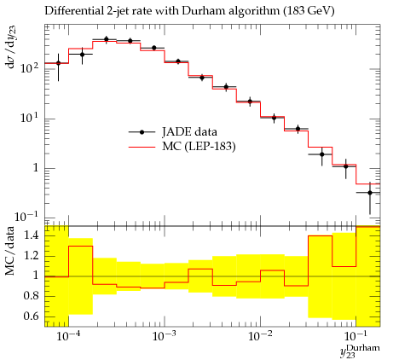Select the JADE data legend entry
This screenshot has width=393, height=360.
pyautogui.click(x=173, y=132)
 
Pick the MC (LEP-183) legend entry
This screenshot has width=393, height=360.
pyautogui.click(x=182, y=147)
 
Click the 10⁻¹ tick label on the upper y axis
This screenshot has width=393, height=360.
pyautogui.click(x=27, y=217)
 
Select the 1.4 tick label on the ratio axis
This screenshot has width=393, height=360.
pyautogui.click(x=31, y=235)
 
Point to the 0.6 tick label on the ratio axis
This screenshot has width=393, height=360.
pyautogui.click(x=31, y=316)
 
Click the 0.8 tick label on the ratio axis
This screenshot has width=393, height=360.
pyautogui.click(x=31, y=296)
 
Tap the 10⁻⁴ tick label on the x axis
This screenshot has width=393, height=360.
pyautogui.click(x=68, y=336)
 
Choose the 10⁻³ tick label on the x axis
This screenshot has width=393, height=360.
pyautogui.click(x=164, y=336)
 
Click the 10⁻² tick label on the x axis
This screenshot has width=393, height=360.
pyautogui.click(x=260, y=336)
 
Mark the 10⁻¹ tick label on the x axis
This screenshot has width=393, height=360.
pyautogui.click(x=355, y=336)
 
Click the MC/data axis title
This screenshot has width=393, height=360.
pyautogui.click(x=9, y=251)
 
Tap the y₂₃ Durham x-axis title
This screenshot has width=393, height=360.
pyautogui.click(x=360, y=351)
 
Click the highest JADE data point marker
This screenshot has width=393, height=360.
pyautogui.click(x=107, y=39)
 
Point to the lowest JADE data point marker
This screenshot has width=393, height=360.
pyautogui.click(x=370, y=193)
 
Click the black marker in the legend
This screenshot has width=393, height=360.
pyautogui.click(x=142, y=132)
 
